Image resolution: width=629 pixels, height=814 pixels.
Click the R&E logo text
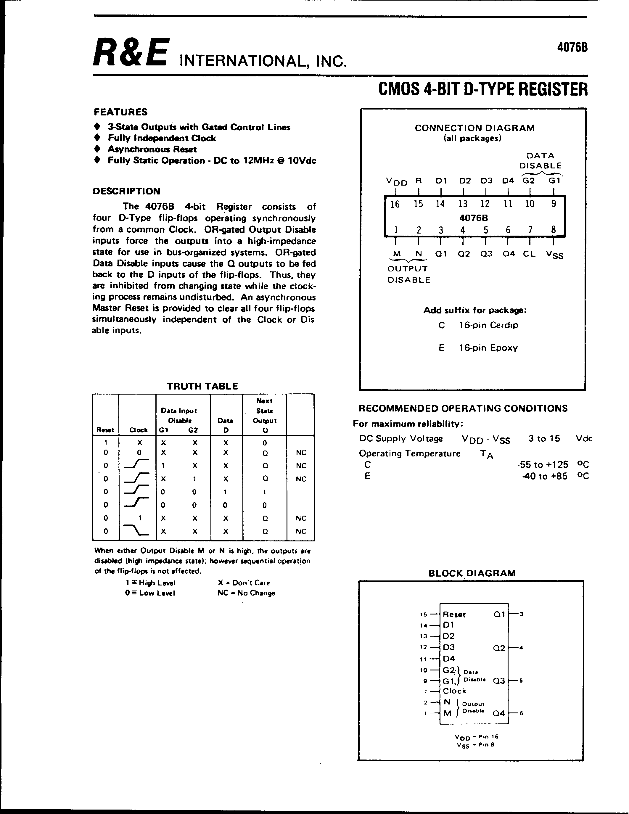coord(131,53)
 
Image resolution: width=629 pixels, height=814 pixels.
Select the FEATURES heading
coord(120,112)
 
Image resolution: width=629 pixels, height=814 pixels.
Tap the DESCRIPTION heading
coord(126,191)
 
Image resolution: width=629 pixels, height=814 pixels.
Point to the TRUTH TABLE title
coord(202,386)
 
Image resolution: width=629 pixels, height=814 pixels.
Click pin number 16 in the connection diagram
coord(395,204)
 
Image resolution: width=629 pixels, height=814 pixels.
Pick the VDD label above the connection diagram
coord(396,181)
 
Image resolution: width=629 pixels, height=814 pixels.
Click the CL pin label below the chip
coord(529,254)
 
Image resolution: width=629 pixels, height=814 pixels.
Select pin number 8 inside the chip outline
coord(553,230)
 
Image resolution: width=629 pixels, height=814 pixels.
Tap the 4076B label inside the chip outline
coord(474,218)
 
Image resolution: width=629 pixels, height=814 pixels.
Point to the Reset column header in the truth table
coord(105,430)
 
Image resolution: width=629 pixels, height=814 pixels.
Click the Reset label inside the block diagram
coord(454,614)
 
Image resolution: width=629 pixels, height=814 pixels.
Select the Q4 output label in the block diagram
coord(498,713)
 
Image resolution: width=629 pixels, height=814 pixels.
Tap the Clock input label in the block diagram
coord(455,691)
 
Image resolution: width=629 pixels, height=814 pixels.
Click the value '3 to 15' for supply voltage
coord(544,438)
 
